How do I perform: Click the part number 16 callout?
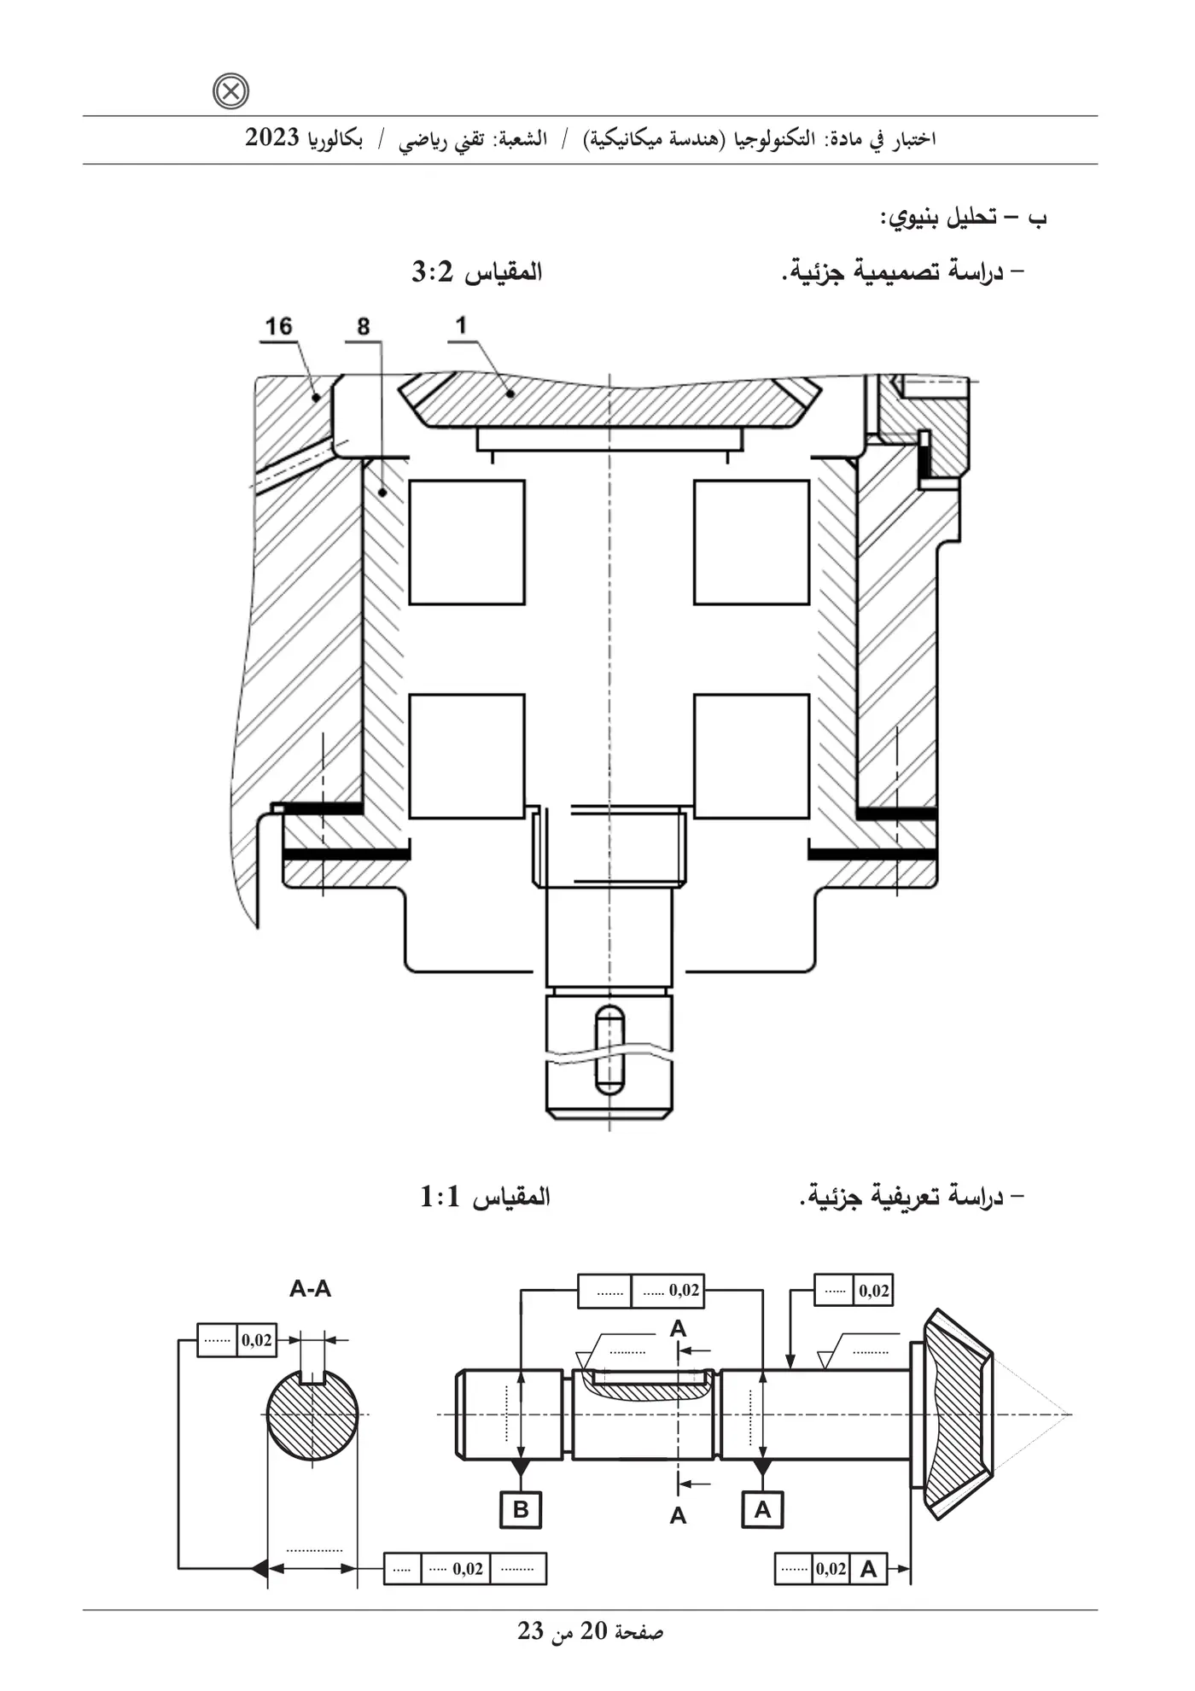click(x=278, y=326)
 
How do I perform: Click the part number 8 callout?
click(x=364, y=327)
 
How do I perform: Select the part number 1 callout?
click(x=461, y=325)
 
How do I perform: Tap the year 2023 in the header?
click(x=272, y=137)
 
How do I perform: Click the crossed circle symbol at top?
click(x=230, y=91)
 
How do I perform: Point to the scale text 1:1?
click(x=440, y=1197)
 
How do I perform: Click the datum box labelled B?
click(x=521, y=1509)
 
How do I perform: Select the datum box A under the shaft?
click(x=763, y=1509)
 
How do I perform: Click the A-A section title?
click(x=311, y=1288)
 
